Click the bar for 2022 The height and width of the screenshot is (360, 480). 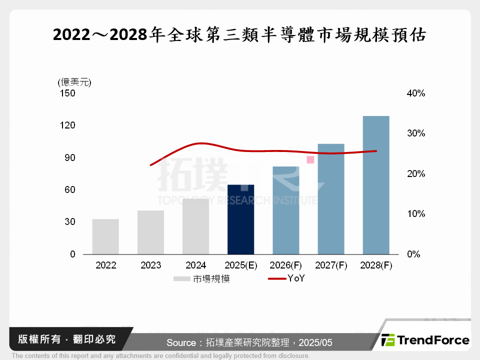pyautogui.click(x=105, y=236)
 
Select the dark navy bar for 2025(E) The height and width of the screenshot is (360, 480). pyautogui.click(x=240, y=219)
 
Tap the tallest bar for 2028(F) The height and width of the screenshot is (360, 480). pyautogui.click(x=375, y=185)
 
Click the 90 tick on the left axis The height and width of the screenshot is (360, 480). pyautogui.click(x=69, y=157)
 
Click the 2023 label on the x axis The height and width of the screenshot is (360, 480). pyautogui.click(x=150, y=265)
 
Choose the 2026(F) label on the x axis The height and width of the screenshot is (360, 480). pyautogui.click(x=285, y=265)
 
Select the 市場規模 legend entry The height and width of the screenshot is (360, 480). pyautogui.click(x=202, y=279)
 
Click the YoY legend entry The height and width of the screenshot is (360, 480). pyautogui.click(x=287, y=279)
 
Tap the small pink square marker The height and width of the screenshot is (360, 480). pyautogui.click(x=310, y=159)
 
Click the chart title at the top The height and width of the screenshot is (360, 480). pyautogui.click(x=239, y=35)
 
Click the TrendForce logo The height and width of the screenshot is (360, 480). pyautogui.click(x=425, y=340)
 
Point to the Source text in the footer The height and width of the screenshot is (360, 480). pyautogui.click(x=249, y=342)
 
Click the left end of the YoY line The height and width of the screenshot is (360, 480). pyautogui.click(x=151, y=164)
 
